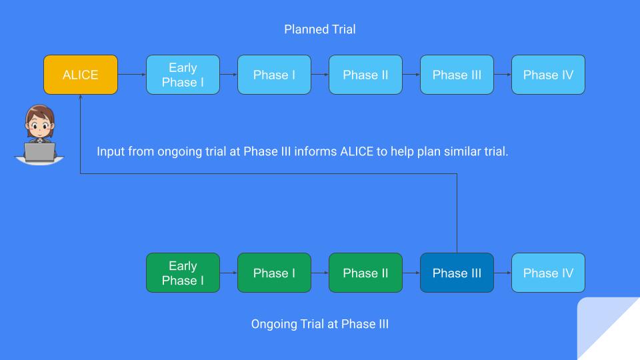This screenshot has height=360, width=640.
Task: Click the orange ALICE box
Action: click(x=81, y=75)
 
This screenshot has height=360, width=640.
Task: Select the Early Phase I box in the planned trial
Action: click(x=183, y=75)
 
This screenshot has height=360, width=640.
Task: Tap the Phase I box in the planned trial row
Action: click(x=274, y=75)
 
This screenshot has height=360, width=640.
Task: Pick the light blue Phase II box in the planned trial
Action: click(x=365, y=75)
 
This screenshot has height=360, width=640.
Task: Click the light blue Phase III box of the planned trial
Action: click(x=457, y=75)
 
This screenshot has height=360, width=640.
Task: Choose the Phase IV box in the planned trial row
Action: click(x=548, y=75)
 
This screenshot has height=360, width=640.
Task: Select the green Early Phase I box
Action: click(x=183, y=273)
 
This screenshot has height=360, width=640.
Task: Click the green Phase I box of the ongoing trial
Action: click(x=274, y=273)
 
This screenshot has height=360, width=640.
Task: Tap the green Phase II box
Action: click(x=365, y=273)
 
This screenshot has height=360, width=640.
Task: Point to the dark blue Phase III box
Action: click(x=457, y=273)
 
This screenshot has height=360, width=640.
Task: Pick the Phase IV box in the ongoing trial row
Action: click(x=548, y=273)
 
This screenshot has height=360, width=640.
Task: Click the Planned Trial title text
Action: click(x=320, y=29)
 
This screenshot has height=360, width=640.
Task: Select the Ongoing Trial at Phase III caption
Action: click(x=319, y=325)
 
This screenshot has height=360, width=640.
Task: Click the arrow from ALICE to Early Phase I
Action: click(x=132, y=75)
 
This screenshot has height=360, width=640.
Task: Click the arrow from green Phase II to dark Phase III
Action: click(x=411, y=273)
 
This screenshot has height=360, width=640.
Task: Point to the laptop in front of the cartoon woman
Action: click(x=39, y=152)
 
